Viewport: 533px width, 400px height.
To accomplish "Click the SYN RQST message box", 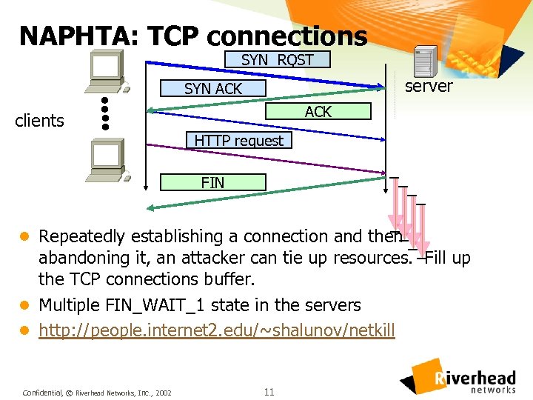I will pos(278,60).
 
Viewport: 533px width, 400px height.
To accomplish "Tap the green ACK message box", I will pos(318,112).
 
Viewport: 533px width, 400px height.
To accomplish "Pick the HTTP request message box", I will pos(238,140).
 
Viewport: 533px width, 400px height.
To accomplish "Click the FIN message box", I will pos(213,182).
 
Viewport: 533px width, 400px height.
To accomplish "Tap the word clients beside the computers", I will pos(39,121).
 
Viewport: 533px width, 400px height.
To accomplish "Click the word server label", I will pos(429,86).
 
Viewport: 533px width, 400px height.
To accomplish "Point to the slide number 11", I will pos(269,391).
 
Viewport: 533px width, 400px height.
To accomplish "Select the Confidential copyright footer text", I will pos(97,392).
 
